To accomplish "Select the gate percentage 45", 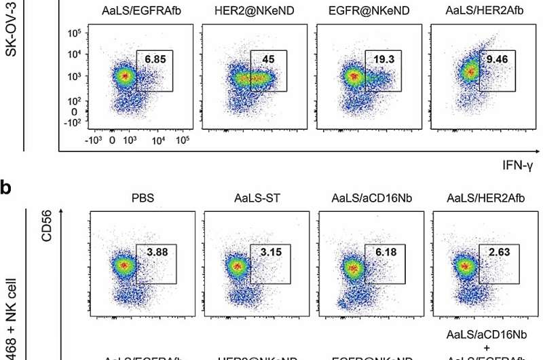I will (x=269, y=60).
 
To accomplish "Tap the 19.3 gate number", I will (x=383, y=60).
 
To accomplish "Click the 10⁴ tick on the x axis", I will (x=158, y=141).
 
